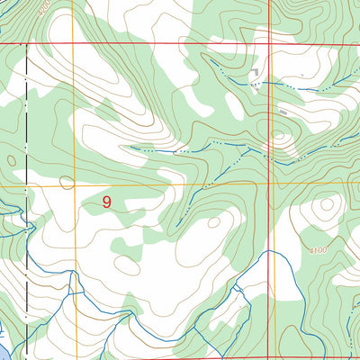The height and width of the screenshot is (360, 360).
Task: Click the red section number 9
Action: (107, 202)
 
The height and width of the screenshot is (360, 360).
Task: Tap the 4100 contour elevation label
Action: (317, 250)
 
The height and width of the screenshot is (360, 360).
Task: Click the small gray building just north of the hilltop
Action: (283, 112)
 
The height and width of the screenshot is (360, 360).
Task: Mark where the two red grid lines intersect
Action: (271, 42)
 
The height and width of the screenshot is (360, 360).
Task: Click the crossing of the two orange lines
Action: (75, 185)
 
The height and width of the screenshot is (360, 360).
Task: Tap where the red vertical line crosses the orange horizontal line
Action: (271, 184)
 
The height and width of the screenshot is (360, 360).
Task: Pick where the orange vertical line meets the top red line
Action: (75, 42)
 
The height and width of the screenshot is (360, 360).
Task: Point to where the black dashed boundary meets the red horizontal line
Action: (27, 42)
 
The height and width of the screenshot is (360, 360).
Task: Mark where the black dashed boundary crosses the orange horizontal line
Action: (27, 185)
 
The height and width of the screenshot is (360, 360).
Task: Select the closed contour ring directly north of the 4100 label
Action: (321, 209)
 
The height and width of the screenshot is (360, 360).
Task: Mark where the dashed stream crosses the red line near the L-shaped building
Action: (271, 83)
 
